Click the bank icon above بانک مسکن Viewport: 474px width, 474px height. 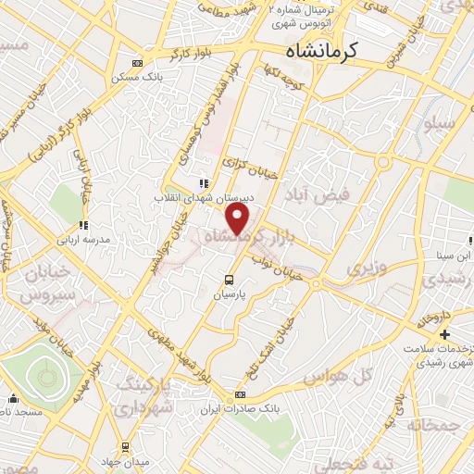pos(138,63)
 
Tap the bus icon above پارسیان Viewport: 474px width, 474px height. pos(230,279)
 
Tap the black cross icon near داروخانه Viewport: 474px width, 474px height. pos(445,334)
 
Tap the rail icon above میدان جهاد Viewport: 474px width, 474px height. pos(124,446)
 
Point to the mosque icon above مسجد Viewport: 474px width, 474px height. pos(13,399)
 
